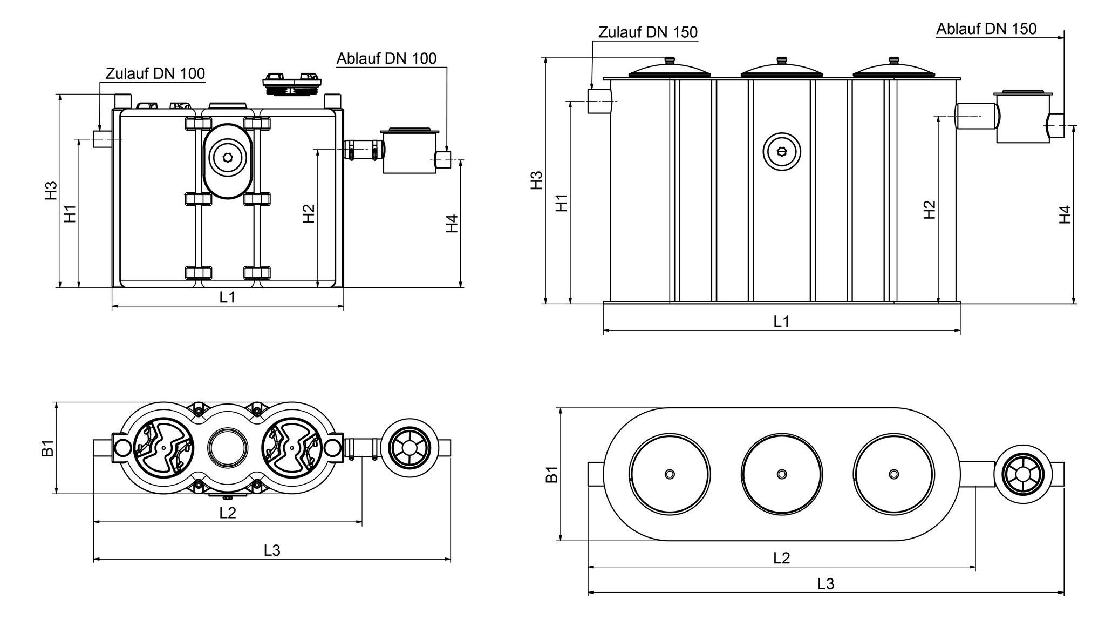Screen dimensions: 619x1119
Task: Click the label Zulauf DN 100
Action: click(x=155, y=73)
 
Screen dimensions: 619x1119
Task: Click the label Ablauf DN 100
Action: click(x=386, y=58)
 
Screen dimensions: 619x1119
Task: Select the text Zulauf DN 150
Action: click(x=647, y=32)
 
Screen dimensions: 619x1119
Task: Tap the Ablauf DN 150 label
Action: click(x=986, y=29)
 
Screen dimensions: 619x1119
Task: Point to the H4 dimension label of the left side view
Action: click(x=452, y=224)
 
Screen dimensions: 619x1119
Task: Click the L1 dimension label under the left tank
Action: click(x=227, y=297)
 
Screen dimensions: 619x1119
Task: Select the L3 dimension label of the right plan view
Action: click(x=825, y=584)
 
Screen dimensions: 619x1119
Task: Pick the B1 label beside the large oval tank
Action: click(x=551, y=474)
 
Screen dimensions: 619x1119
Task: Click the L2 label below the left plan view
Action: click(x=228, y=513)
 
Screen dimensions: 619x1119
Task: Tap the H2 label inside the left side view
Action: click(x=309, y=213)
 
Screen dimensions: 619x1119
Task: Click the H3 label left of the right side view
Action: click(x=536, y=180)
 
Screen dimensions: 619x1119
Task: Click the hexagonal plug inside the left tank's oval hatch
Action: click(x=227, y=158)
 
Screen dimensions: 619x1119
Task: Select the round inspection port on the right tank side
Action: click(x=781, y=152)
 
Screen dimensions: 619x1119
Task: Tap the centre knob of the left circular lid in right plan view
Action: click(x=670, y=474)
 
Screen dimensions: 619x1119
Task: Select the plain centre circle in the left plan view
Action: click(x=228, y=448)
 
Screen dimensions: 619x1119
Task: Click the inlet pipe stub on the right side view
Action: click(x=599, y=102)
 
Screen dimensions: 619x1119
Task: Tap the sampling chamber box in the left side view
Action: click(x=410, y=152)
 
